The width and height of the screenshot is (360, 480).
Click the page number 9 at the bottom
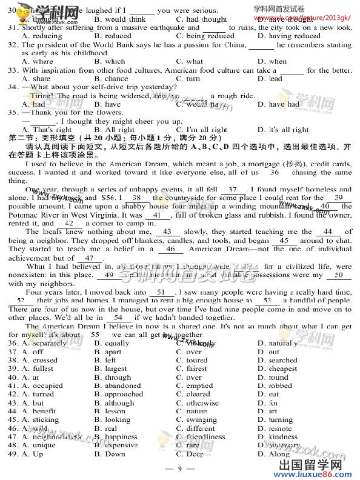[x=179, y=468]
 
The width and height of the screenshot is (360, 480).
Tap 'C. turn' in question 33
[x=188, y=79]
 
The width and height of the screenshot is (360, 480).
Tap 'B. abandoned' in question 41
[x=118, y=385]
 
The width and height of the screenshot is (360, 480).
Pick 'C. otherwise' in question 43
[x=197, y=402]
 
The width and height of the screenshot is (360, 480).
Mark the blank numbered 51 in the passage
[x=162, y=292]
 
